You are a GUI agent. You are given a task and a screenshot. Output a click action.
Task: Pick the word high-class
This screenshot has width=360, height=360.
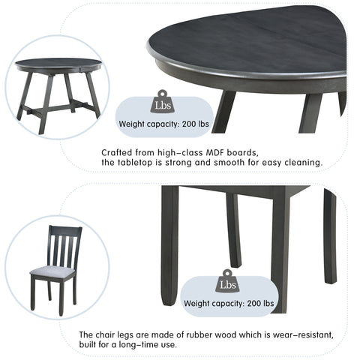172,152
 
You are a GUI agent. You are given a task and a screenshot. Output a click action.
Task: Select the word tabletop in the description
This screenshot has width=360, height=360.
137,162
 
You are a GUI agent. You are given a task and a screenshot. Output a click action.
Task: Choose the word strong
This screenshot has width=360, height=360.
197,162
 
